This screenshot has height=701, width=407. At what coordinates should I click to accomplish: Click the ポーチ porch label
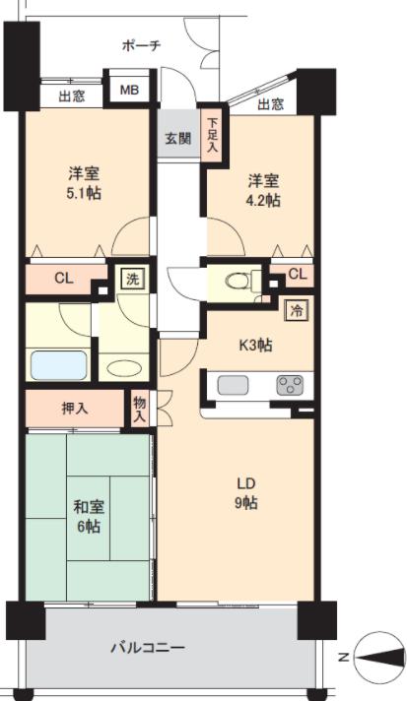(x=141, y=45)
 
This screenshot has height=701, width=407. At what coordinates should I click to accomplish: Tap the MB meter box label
(x=129, y=90)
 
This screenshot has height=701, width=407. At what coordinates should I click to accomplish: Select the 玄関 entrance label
(x=178, y=138)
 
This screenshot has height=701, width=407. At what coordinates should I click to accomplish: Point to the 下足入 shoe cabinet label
(x=213, y=135)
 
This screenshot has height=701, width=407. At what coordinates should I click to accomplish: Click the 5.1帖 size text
(x=84, y=193)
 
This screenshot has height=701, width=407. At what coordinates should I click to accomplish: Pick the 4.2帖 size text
(x=264, y=200)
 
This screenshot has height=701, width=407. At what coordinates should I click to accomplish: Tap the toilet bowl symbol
(x=237, y=282)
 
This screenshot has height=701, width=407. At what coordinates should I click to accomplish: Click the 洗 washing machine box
(x=133, y=279)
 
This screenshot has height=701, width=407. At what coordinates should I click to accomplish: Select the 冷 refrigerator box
(x=297, y=311)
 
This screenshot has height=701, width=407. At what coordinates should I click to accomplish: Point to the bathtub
(x=59, y=365)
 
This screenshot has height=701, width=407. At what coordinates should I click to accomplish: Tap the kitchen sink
(x=233, y=385)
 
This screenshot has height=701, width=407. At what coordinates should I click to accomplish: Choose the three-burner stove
(x=290, y=385)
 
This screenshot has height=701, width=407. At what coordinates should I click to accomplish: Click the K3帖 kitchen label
(x=256, y=346)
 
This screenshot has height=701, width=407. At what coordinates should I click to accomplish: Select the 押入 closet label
(x=75, y=409)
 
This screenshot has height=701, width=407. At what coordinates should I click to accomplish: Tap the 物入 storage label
(x=140, y=410)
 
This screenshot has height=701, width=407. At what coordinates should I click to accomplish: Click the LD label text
(x=246, y=483)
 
